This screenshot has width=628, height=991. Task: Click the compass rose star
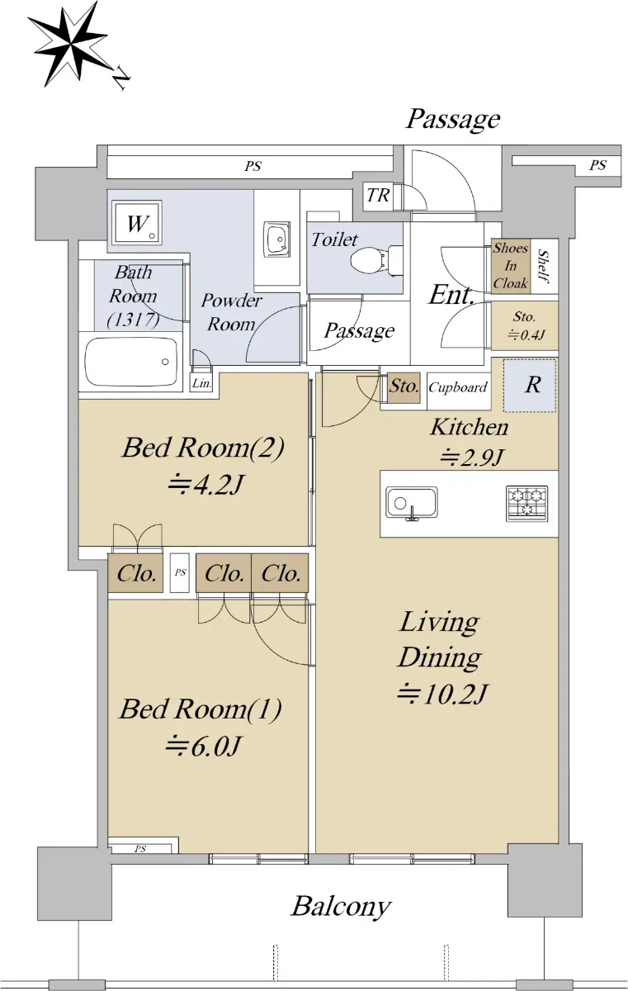click(x=72, y=45)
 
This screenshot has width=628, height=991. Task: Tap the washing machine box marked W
click(x=137, y=224)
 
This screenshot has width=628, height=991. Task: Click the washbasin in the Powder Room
click(x=277, y=239)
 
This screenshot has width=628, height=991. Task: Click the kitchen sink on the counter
click(x=412, y=503)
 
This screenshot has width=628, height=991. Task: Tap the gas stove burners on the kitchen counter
click(x=526, y=503)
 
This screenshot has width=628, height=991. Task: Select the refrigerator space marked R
click(x=530, y=386)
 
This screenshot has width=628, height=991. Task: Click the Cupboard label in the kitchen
click(x=458, y=388)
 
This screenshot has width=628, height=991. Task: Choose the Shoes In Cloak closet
click(x=511, y=266)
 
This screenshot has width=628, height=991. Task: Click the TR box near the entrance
click(x=378, y=195)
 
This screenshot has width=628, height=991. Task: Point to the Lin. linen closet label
click(x=201, y=383)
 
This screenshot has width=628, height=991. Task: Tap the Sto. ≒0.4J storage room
click(x=525, y=325)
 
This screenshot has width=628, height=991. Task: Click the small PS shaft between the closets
click(x=180, y=573)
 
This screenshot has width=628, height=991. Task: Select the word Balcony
click(x=341, y=907)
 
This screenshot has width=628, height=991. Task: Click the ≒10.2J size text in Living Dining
click(x=442, y=695)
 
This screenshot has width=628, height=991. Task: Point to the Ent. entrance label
click(x=451, y=295)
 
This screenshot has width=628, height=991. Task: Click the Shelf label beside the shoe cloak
click(x=544, y=266)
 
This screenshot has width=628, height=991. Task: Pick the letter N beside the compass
click(x=120, y=78)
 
